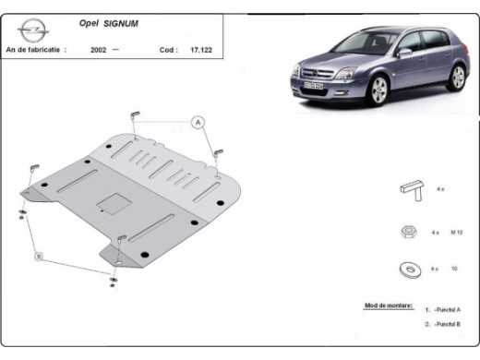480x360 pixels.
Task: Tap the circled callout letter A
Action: (x=198, y=122)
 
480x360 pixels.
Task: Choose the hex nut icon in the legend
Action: (x=407, y=232)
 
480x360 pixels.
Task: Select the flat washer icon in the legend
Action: (x=407, y=270)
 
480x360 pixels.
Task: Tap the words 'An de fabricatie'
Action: (x=35, y=50)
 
